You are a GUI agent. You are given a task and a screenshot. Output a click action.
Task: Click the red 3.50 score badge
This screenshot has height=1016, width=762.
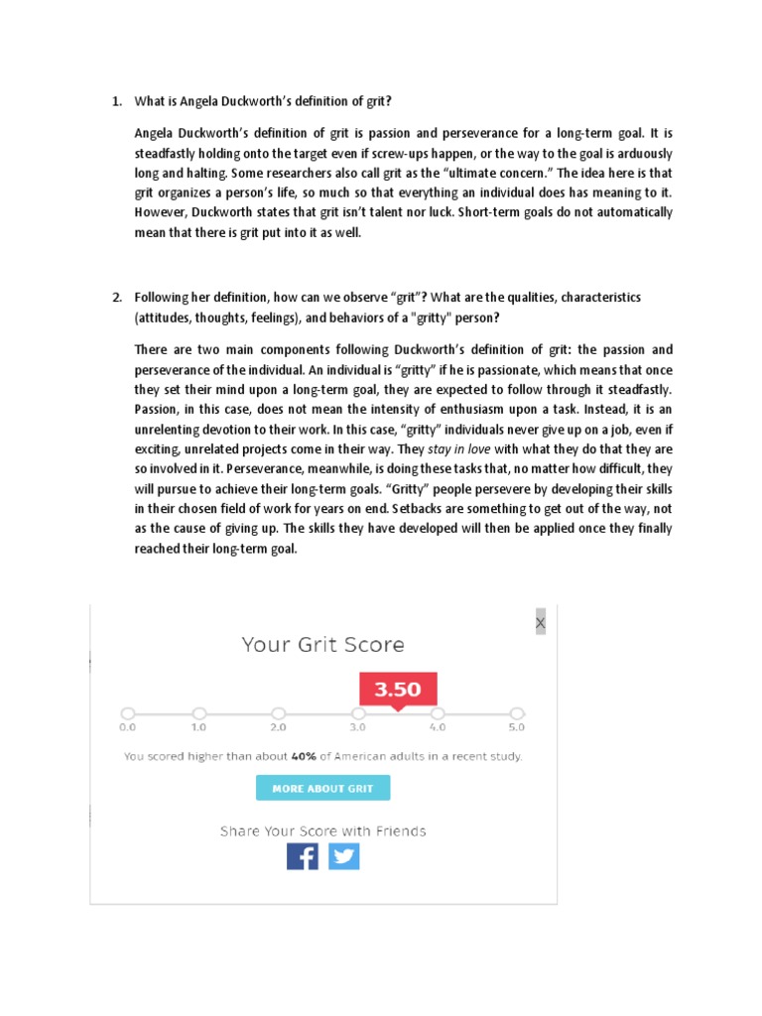pos(397,689)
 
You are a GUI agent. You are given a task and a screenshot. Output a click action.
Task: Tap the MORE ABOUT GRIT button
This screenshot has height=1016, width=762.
pos(322,789)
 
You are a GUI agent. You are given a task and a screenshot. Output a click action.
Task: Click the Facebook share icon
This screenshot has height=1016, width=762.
pos(303,855)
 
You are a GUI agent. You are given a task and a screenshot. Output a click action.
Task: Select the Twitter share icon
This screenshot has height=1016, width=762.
pos(344,855)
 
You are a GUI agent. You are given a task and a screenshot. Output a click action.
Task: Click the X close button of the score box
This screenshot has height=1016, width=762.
pos(540,623)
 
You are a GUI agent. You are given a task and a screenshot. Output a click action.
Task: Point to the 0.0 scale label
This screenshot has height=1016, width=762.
pos(127,727)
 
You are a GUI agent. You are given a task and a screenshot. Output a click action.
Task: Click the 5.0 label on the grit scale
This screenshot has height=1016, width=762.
pos(516,727)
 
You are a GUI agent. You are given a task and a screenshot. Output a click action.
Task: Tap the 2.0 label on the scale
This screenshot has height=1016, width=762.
pos(278,727)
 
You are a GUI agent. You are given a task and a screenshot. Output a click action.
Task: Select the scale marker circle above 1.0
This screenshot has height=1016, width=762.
pos(199,712)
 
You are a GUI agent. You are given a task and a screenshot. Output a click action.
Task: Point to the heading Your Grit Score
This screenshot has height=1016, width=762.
pos(322,645)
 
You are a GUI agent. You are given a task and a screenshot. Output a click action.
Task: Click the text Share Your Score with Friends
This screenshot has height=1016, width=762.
pos(322,830)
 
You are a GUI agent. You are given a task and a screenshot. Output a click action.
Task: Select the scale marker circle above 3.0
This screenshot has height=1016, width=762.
pos(358,712)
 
